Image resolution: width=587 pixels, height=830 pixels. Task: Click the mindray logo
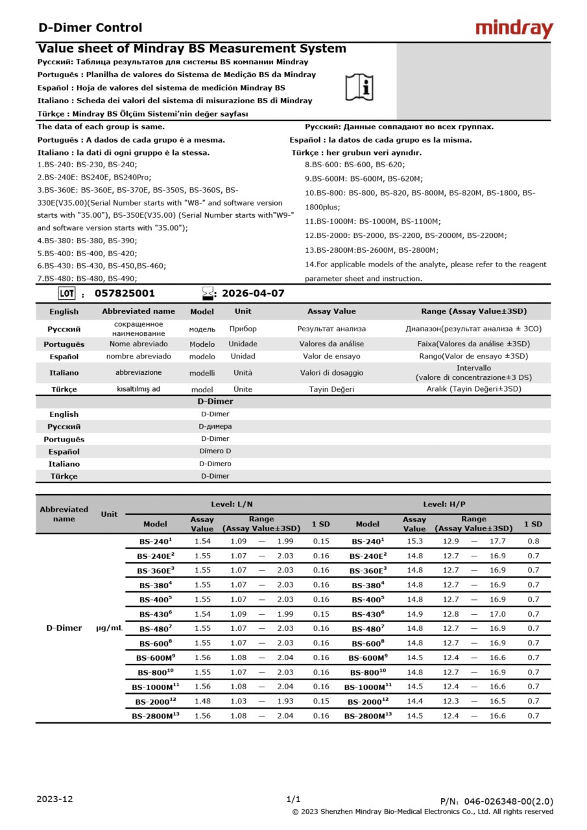pyautogui.click(x=514, y=29)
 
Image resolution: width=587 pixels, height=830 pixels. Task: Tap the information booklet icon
pyautogui.click(x=359, y=87)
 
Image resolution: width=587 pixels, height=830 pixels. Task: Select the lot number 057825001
pyautogui.click(x=125, y=293)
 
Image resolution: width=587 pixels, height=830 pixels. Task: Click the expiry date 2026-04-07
pyautogui.click(x=253, y=293)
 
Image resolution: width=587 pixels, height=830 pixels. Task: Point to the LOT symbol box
pyautogui.click(x=67, y=293)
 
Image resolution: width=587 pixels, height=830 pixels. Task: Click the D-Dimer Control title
pyautogui.click(x=90, y=27)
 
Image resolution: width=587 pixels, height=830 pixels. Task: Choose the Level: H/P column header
pyautogui.click(x=444, y=504)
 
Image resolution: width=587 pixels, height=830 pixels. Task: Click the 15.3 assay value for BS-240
pyautogui.click(x=414, y=541)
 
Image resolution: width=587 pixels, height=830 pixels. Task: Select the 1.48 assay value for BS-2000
pyautogui.click(x=202, y=701)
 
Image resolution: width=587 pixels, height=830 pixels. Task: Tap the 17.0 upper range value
pyautogui.click(x=497, y=614)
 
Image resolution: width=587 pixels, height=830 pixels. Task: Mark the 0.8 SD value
pyautogui.click(x=533, y=541)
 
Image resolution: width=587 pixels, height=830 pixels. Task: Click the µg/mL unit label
pyautogui.click(x=109, y=628)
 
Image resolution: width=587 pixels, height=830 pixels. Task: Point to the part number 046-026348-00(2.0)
pyautogui.click(x=496, y=801)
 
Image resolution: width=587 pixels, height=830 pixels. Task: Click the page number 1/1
pyautogui.click(x=293, y=799)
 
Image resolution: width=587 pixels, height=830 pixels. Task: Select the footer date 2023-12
pyautogui.click(x=55, y=799)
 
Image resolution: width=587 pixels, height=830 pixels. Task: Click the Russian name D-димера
pyautogui.click(x=215, y=426)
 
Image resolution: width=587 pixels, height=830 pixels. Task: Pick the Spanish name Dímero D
pyautogui.click(x=215, y=451)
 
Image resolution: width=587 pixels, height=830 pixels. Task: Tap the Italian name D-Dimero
pyautogui.click(x=215, y=464)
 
